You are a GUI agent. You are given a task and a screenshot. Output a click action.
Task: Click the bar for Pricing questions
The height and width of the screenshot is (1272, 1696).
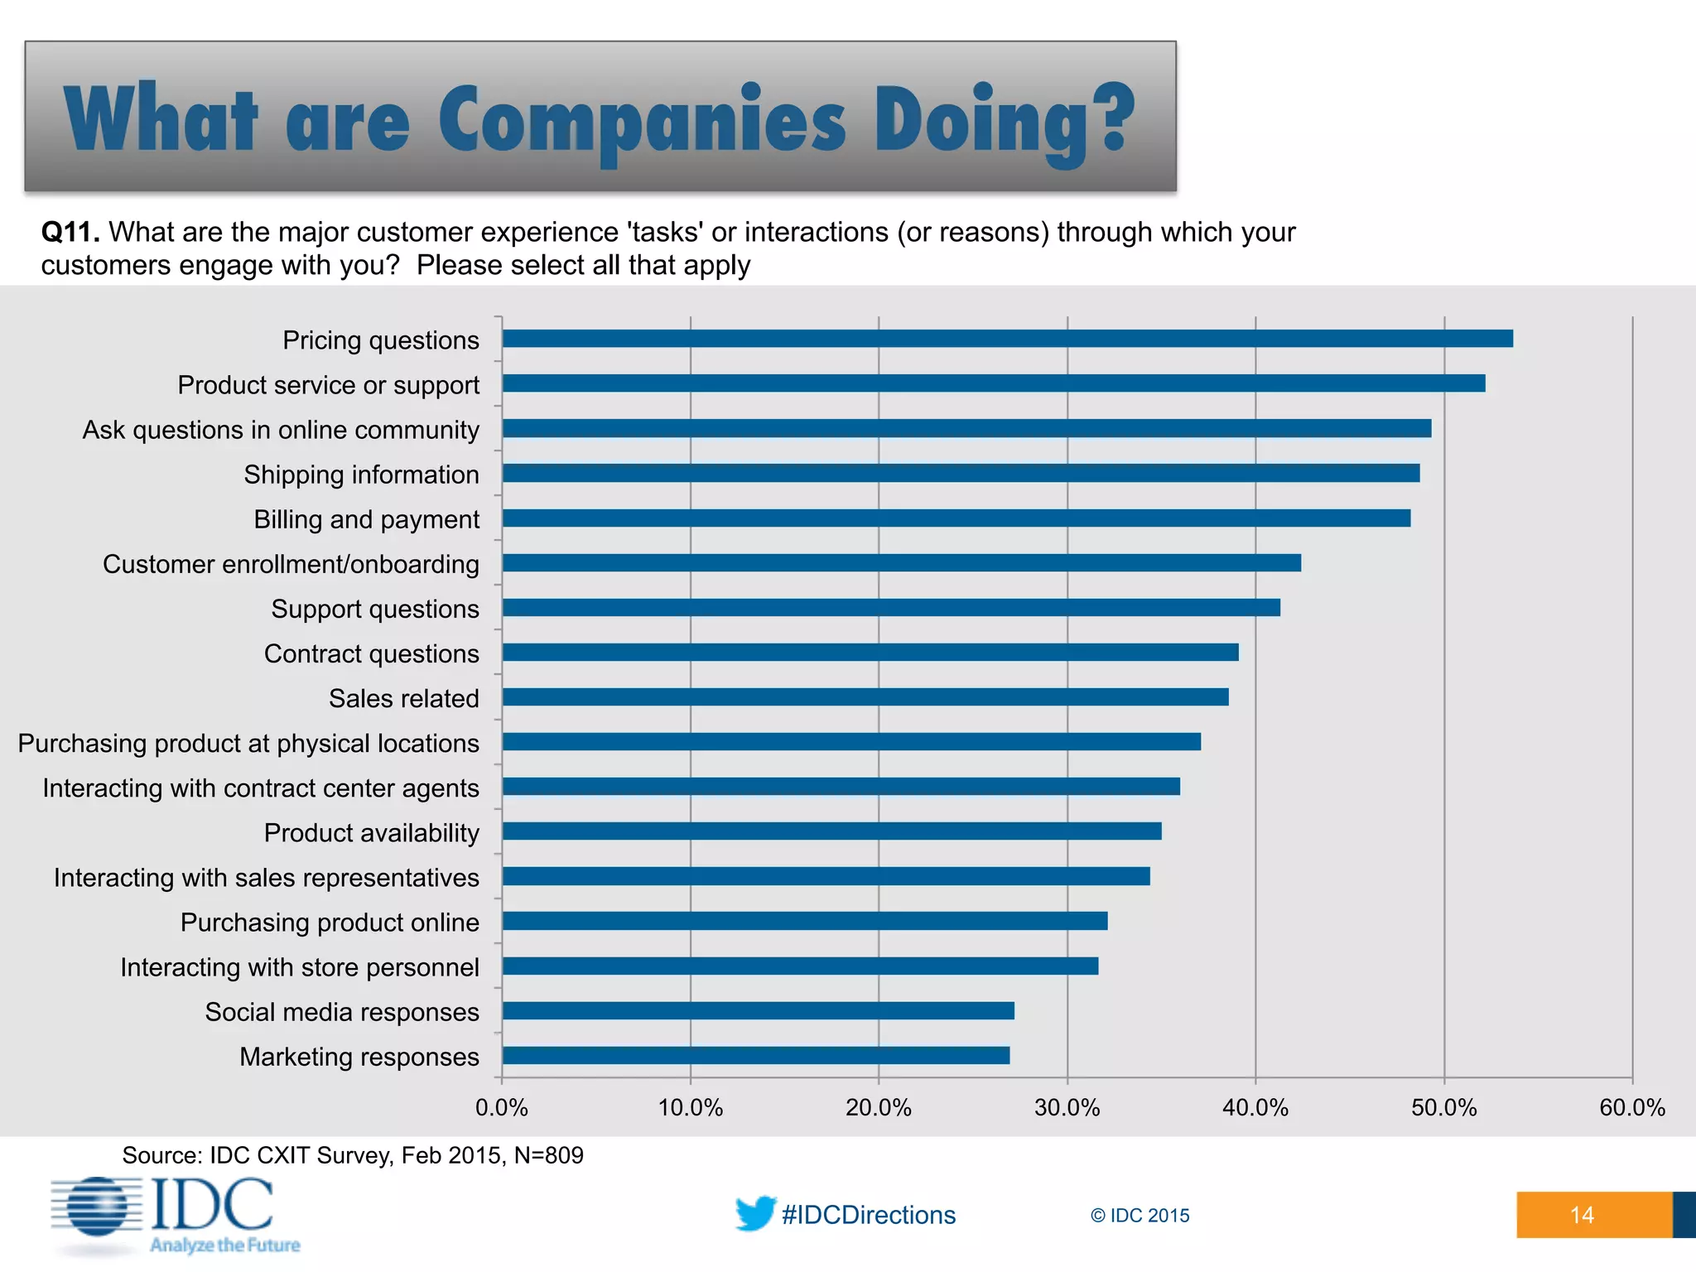(x=1007, y=339)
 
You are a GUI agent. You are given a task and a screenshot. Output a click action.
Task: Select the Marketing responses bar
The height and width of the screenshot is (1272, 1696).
(x=755, y=1055)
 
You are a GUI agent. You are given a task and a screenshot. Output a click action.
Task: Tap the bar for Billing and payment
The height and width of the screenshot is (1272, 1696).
(x=956, y=518)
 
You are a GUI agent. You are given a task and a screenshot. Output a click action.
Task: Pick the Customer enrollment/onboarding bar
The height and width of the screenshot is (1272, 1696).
(x=901, y=563)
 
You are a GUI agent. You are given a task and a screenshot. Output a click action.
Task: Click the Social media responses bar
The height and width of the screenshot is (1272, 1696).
(x=758, y=1010)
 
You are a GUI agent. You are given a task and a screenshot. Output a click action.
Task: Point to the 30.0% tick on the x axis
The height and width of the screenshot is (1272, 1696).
(x=1067, y=1108)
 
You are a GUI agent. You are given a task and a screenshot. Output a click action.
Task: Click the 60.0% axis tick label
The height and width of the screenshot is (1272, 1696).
(x=1631, y=1108)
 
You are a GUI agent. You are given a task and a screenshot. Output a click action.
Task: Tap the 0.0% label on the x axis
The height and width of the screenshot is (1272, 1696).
(x=501, y=1108)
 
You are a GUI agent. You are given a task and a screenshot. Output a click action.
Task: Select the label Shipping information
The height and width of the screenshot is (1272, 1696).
(x=361, y=475)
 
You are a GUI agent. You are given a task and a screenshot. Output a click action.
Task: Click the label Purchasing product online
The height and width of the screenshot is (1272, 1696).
(x=330, y=923)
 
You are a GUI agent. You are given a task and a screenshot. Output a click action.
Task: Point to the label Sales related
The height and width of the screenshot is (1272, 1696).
(x=403, y=698)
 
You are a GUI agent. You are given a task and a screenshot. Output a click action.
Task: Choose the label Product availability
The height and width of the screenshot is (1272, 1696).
(x=371, y=833)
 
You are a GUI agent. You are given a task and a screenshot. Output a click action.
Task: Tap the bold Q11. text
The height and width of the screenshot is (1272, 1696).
(x=70, y=233)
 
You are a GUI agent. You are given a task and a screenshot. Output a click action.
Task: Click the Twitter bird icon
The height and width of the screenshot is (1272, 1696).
(x=754, y=1213)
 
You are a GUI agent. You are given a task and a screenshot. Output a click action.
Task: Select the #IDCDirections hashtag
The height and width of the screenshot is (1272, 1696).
(x=868, y=1215)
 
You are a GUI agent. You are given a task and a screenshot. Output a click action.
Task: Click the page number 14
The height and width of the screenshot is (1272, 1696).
(x=1581, y=1215)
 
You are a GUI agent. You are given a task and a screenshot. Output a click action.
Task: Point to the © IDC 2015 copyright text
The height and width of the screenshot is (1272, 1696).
(x=1139, y=1216)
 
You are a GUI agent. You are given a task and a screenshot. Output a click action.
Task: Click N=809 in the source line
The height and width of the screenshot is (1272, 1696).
(x=548, y=1155)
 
